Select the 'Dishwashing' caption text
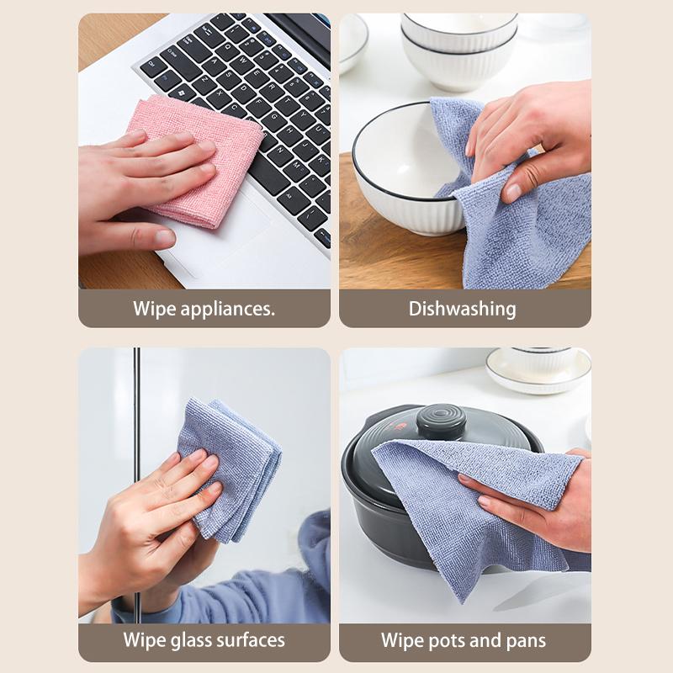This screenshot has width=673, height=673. (x=462, y=309)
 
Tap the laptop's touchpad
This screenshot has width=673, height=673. (x=227, y=244)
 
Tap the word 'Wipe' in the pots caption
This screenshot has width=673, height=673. (x=401, y=640)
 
